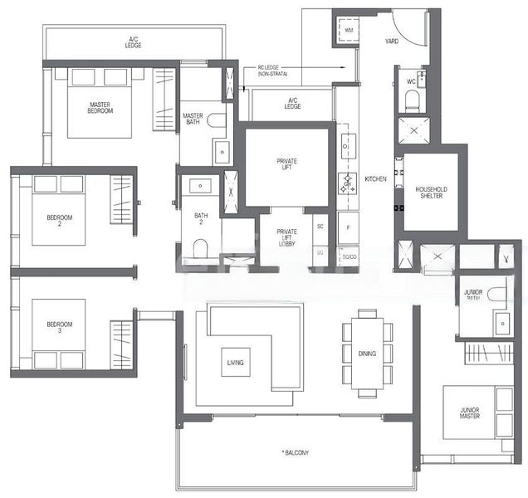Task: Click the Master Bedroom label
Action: click(100, 107)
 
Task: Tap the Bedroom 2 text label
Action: click(59, 220)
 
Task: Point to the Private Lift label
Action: click(287, 164)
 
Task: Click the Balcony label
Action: click(296, 452)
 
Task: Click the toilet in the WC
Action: click(411, 100)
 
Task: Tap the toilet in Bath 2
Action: click(199, 247)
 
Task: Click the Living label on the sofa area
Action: click(234, 363)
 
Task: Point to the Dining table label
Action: click(367, 354)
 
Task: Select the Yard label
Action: click(393, 40)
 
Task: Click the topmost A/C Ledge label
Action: click(134, 41)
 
